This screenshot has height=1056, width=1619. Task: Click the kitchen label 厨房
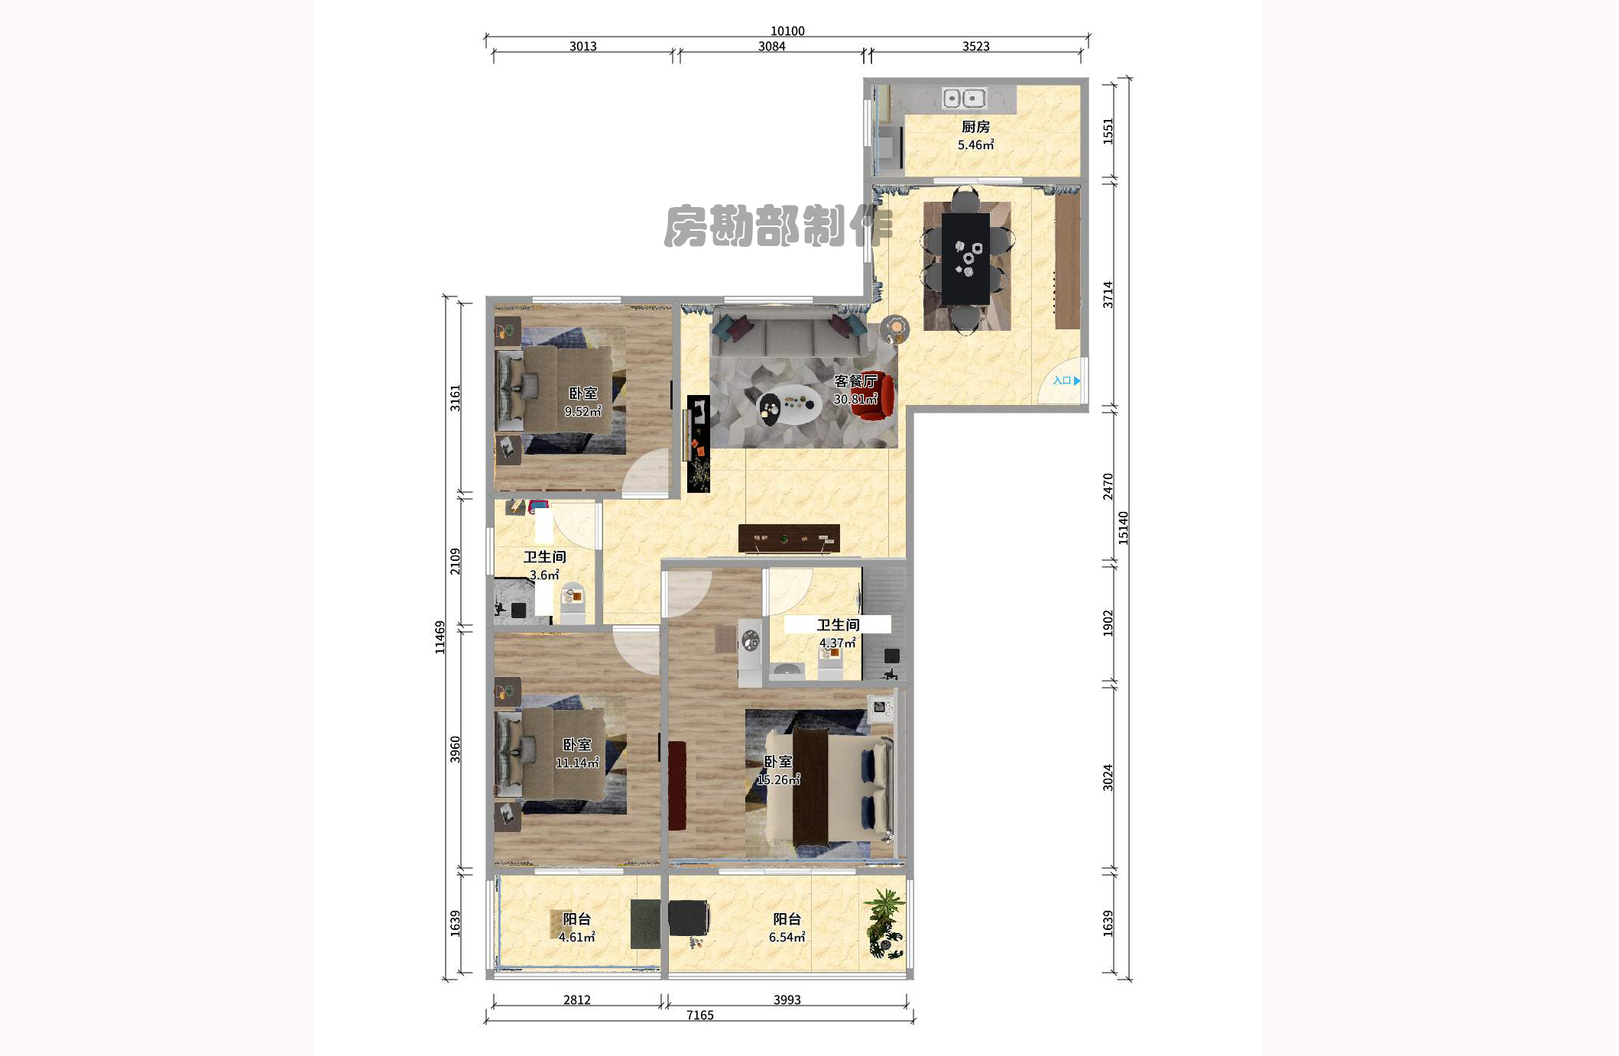[x=975, y=127]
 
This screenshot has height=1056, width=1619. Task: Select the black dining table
[x=965, y=258]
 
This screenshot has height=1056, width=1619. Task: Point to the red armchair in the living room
[x=872, y=398]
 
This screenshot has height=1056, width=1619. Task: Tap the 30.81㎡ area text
[x=855, y=399]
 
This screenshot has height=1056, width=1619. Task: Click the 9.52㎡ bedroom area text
[x=582, y=411]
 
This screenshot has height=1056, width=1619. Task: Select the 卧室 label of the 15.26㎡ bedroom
[x=778, y=762]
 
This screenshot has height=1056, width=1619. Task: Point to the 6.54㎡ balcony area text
[x=787, y=938]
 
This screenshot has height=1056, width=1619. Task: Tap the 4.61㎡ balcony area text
[x=576, y=938]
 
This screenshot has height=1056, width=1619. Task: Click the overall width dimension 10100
[x=787, y=31]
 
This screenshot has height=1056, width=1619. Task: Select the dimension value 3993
[x=787, y=999]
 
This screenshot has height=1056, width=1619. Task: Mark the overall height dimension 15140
[x=1123, y=527]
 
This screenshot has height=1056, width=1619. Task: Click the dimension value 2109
[x=456, y=562]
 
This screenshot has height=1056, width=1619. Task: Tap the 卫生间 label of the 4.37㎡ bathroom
[x=838, y=625]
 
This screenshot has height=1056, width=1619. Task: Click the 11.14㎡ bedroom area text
[x=577, y=763]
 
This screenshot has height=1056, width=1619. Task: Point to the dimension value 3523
[x=975, y=47]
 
